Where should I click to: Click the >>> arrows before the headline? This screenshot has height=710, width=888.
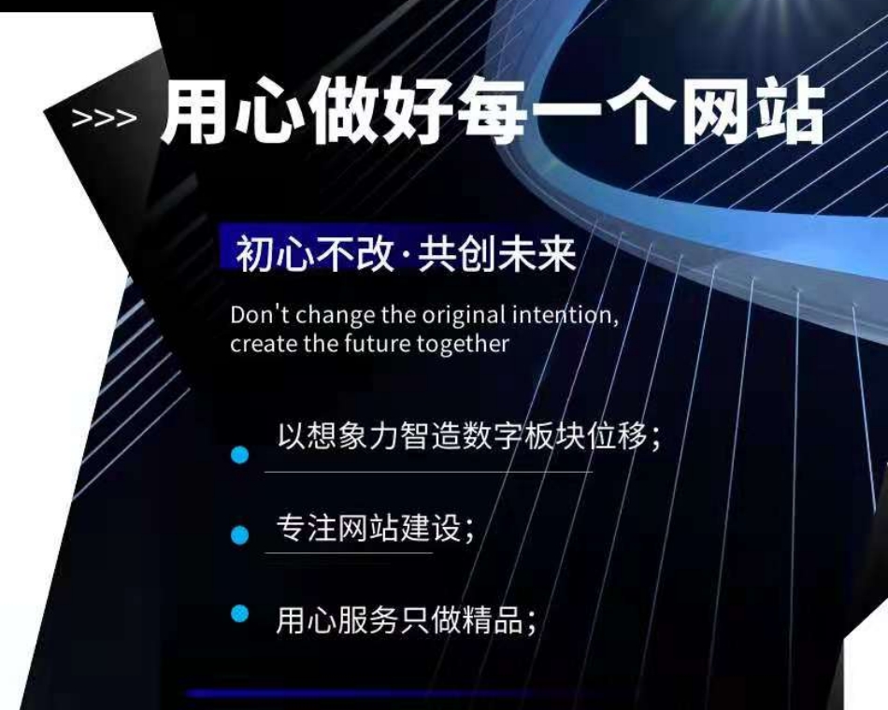point(104,119)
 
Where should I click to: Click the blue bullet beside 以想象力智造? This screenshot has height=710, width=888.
point(240,455)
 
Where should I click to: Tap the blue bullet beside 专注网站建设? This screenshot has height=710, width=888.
point(240,534)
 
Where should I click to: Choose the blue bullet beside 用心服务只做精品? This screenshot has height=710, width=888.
point(240,614)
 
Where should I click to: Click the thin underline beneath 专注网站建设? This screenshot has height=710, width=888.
point(349,553)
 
